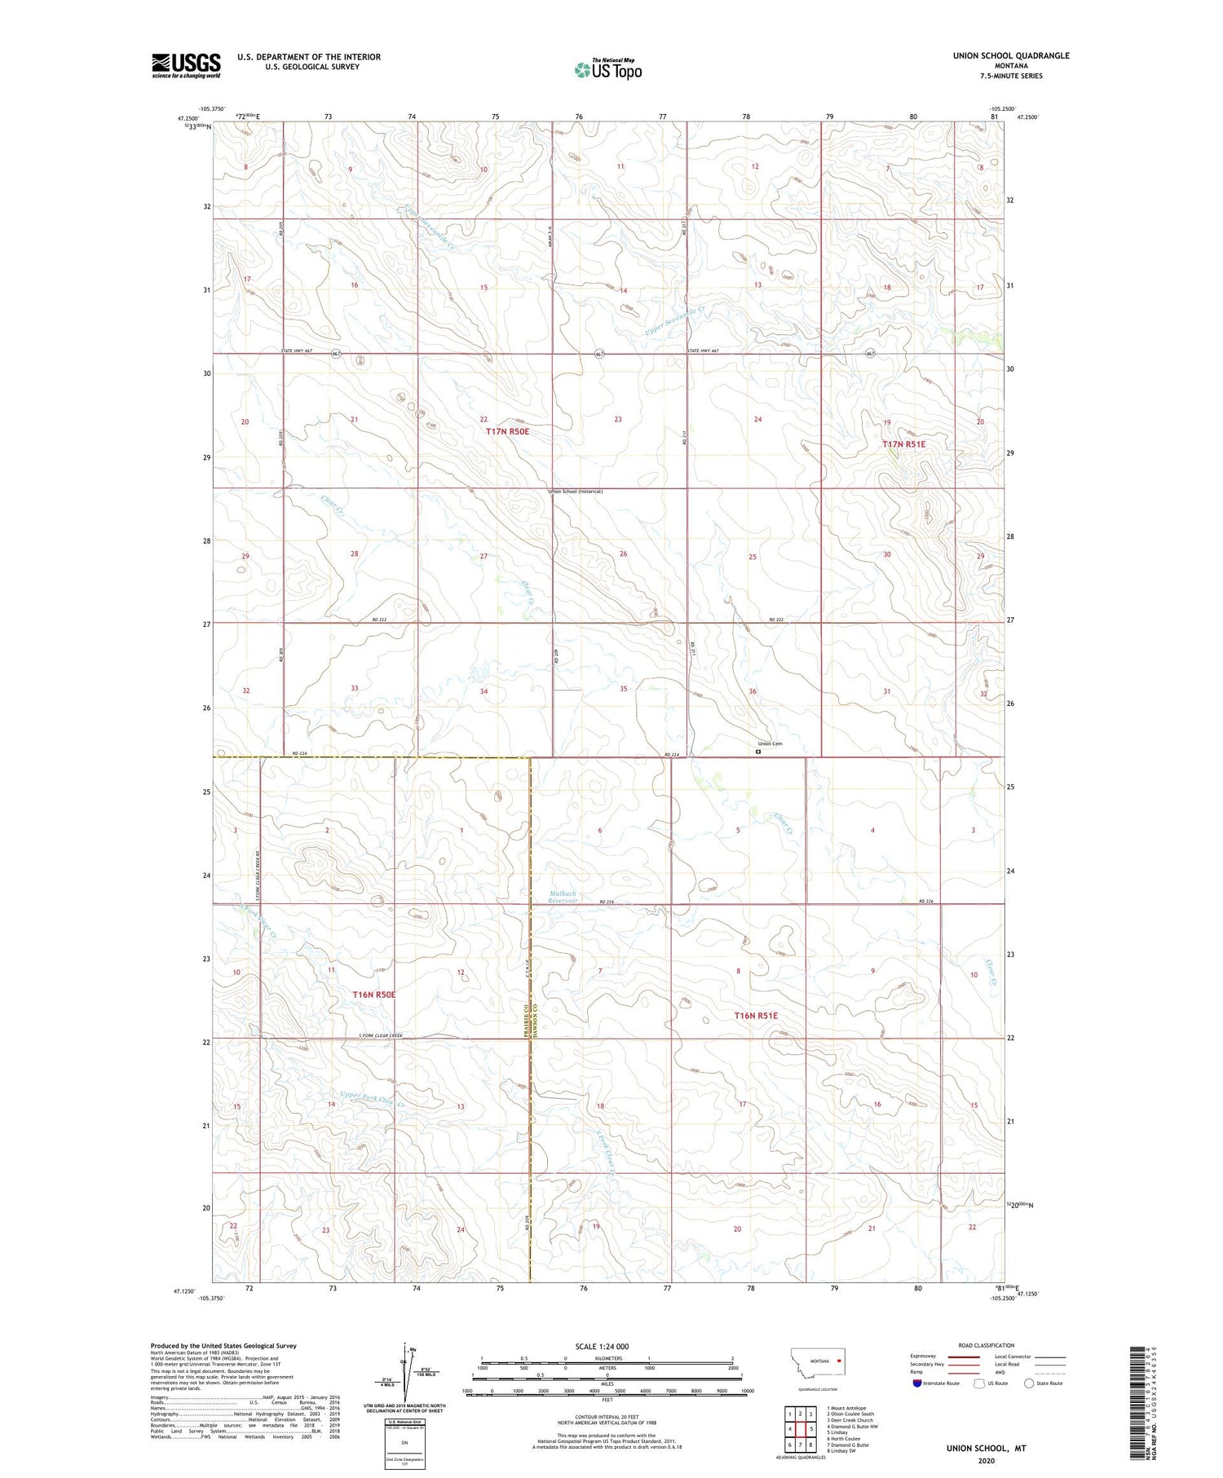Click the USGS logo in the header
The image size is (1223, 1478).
(186, 65)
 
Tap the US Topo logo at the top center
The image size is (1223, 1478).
(608, 70)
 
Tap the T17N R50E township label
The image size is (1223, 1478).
(507, 431)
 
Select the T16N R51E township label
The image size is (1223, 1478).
(756, 1016)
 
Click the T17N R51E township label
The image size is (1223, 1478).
(903, 444)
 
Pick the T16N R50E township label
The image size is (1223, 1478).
(373, 995)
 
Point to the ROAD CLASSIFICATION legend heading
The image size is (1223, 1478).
(987, 1345)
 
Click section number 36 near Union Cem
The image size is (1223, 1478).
(753, 691)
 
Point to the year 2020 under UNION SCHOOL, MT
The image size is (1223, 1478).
(986, 1461)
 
